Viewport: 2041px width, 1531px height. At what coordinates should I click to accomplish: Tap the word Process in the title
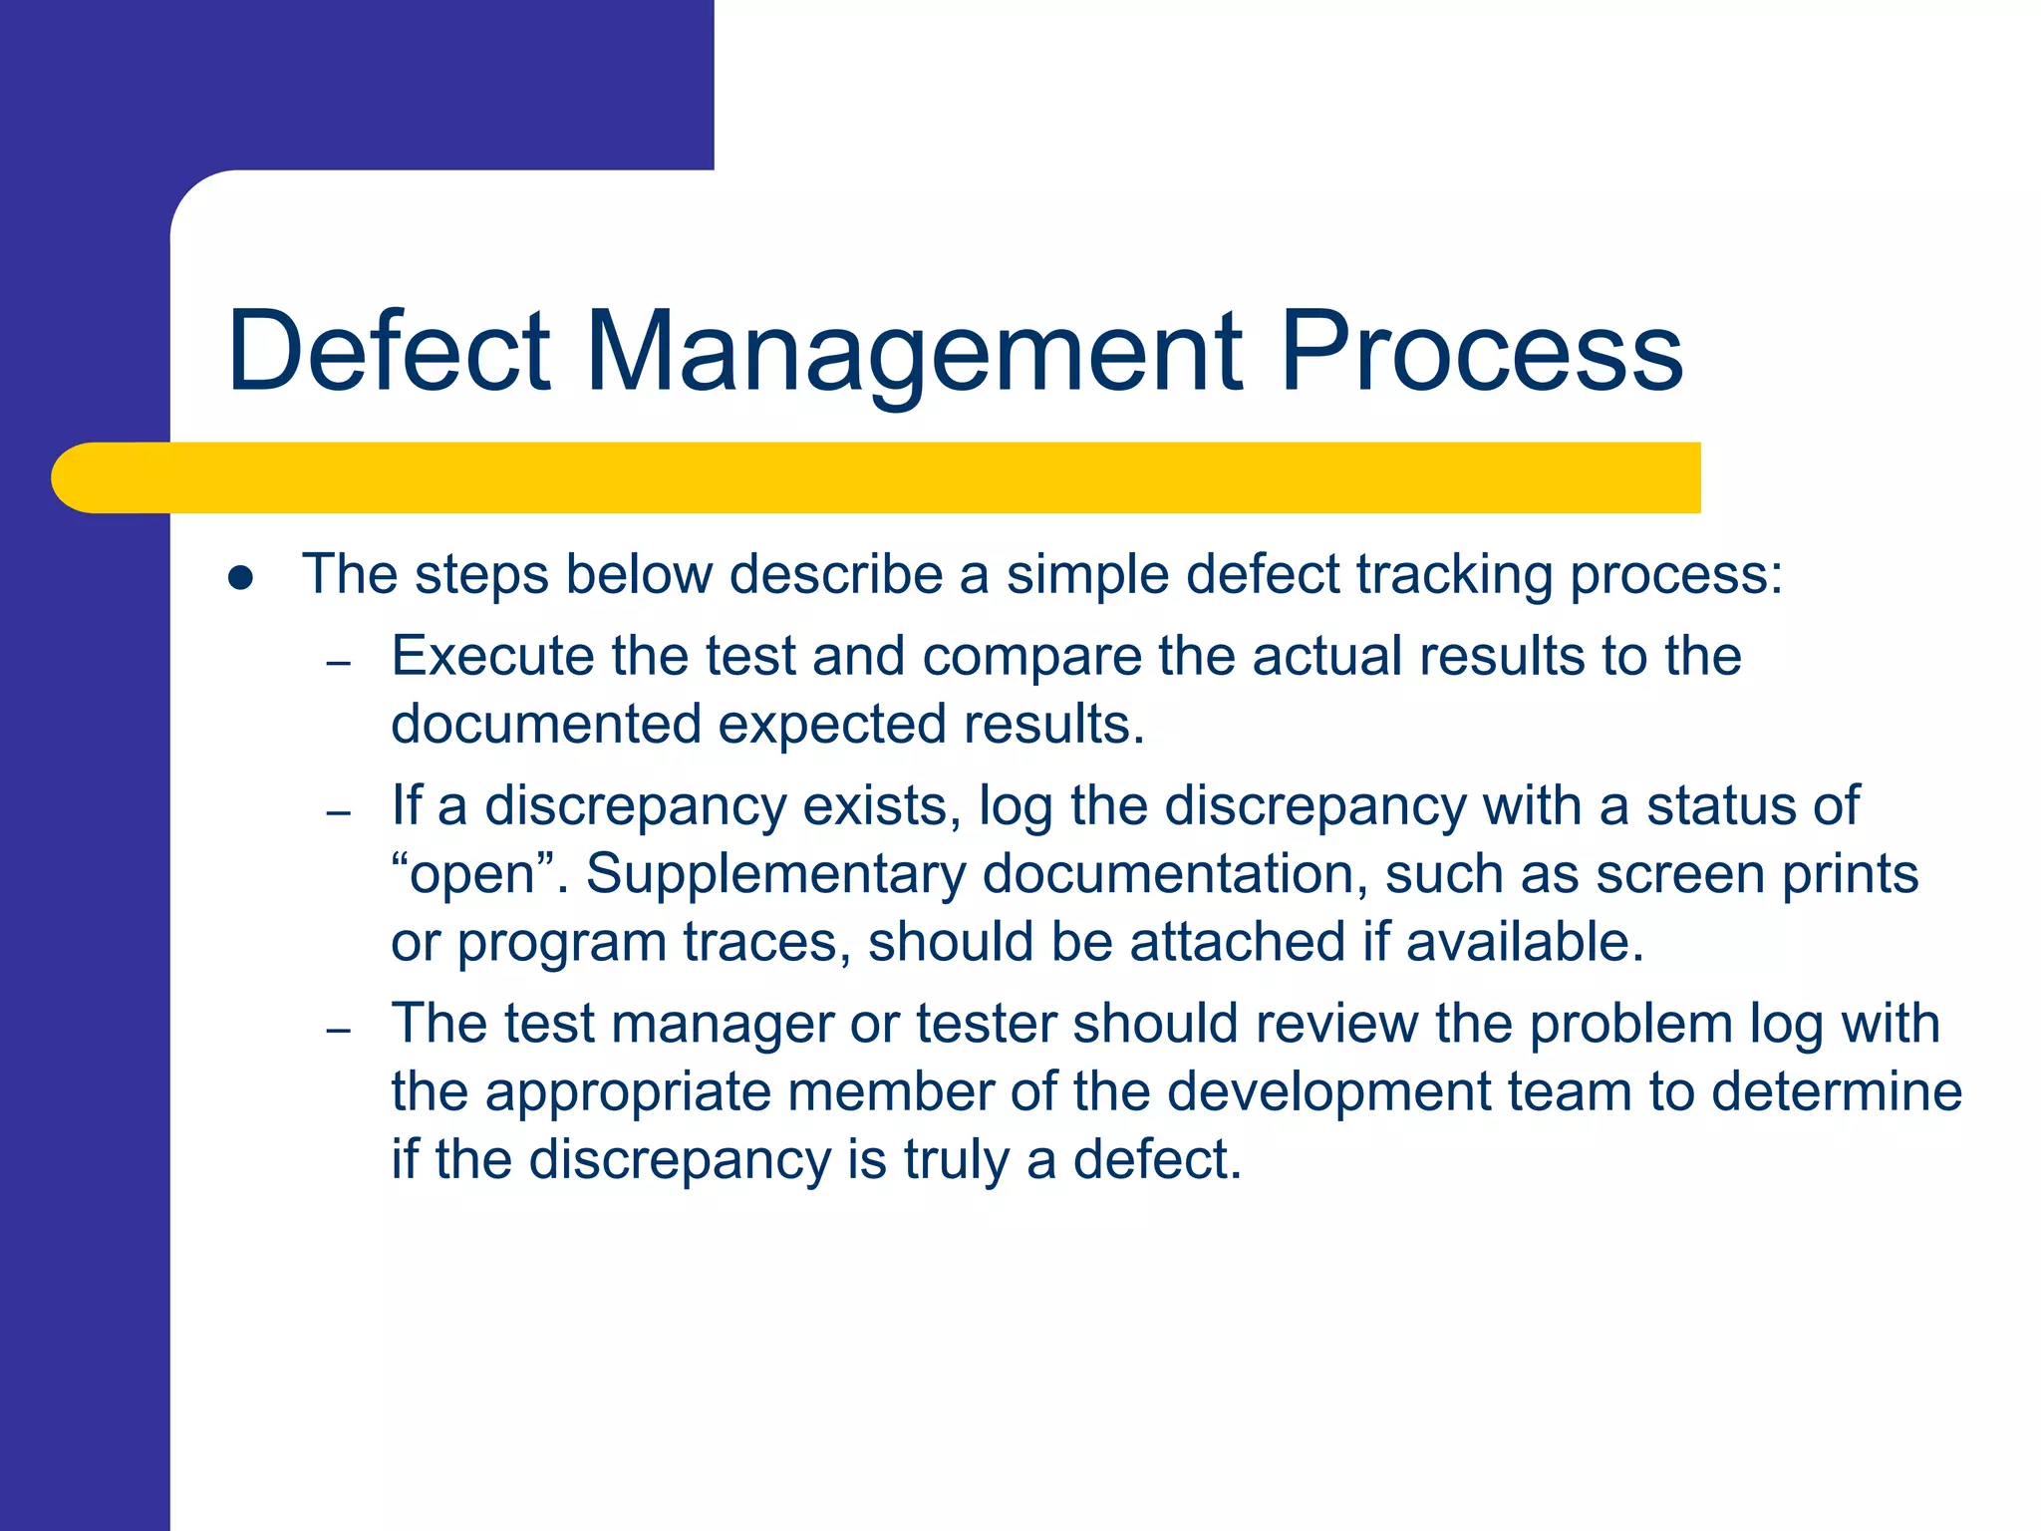tap(1481, 351)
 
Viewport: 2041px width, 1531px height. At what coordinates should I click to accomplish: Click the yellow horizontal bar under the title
tap(877, 477)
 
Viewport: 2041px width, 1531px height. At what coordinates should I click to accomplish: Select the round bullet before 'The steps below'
tap(240, 578)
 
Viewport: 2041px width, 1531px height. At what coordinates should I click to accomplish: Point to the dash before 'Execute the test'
tap(339, 663)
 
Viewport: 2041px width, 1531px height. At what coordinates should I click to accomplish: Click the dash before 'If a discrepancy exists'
tap(339, 812)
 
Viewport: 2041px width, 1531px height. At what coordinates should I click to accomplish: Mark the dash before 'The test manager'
tap(339, 1030)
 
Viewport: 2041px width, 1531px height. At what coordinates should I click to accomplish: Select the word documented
tap(546, 725)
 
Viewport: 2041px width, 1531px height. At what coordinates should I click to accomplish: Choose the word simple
tap(1087, 576)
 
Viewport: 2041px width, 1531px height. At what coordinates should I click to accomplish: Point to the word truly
tap(956, 1161)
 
